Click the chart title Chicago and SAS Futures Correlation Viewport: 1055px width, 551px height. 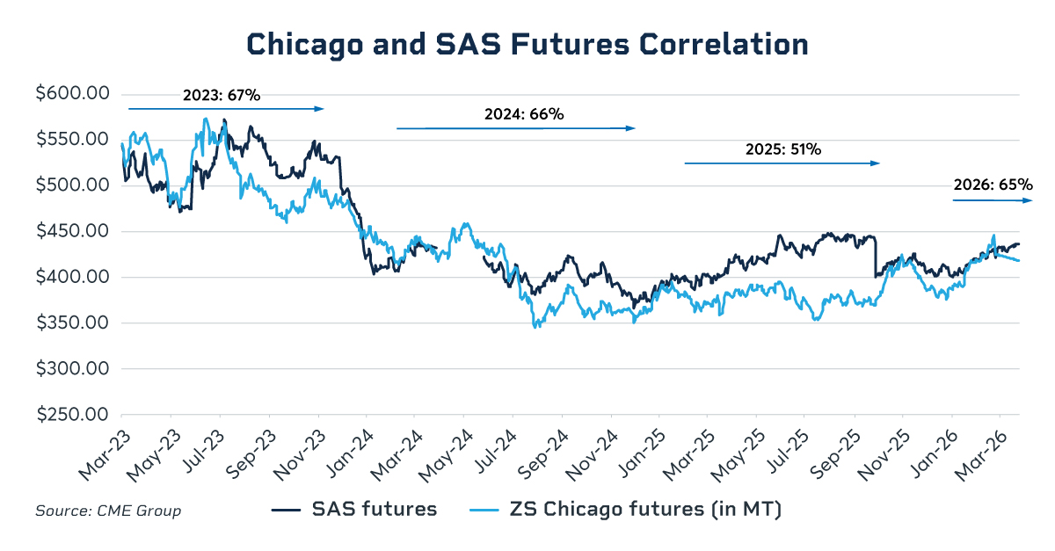527,45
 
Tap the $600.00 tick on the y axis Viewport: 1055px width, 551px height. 72,94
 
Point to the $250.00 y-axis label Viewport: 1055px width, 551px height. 72,415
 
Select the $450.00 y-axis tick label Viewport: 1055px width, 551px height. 72,231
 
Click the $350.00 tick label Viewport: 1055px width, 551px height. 72,323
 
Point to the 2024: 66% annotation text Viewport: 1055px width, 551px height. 524,114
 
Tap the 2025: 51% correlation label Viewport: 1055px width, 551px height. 782,149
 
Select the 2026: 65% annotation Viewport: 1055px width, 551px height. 993,185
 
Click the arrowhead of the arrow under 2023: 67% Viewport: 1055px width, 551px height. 320,109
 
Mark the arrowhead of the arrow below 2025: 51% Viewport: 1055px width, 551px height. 876,163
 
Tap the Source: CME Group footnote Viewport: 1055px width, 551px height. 108,511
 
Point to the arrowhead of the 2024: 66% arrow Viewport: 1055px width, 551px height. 630,128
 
